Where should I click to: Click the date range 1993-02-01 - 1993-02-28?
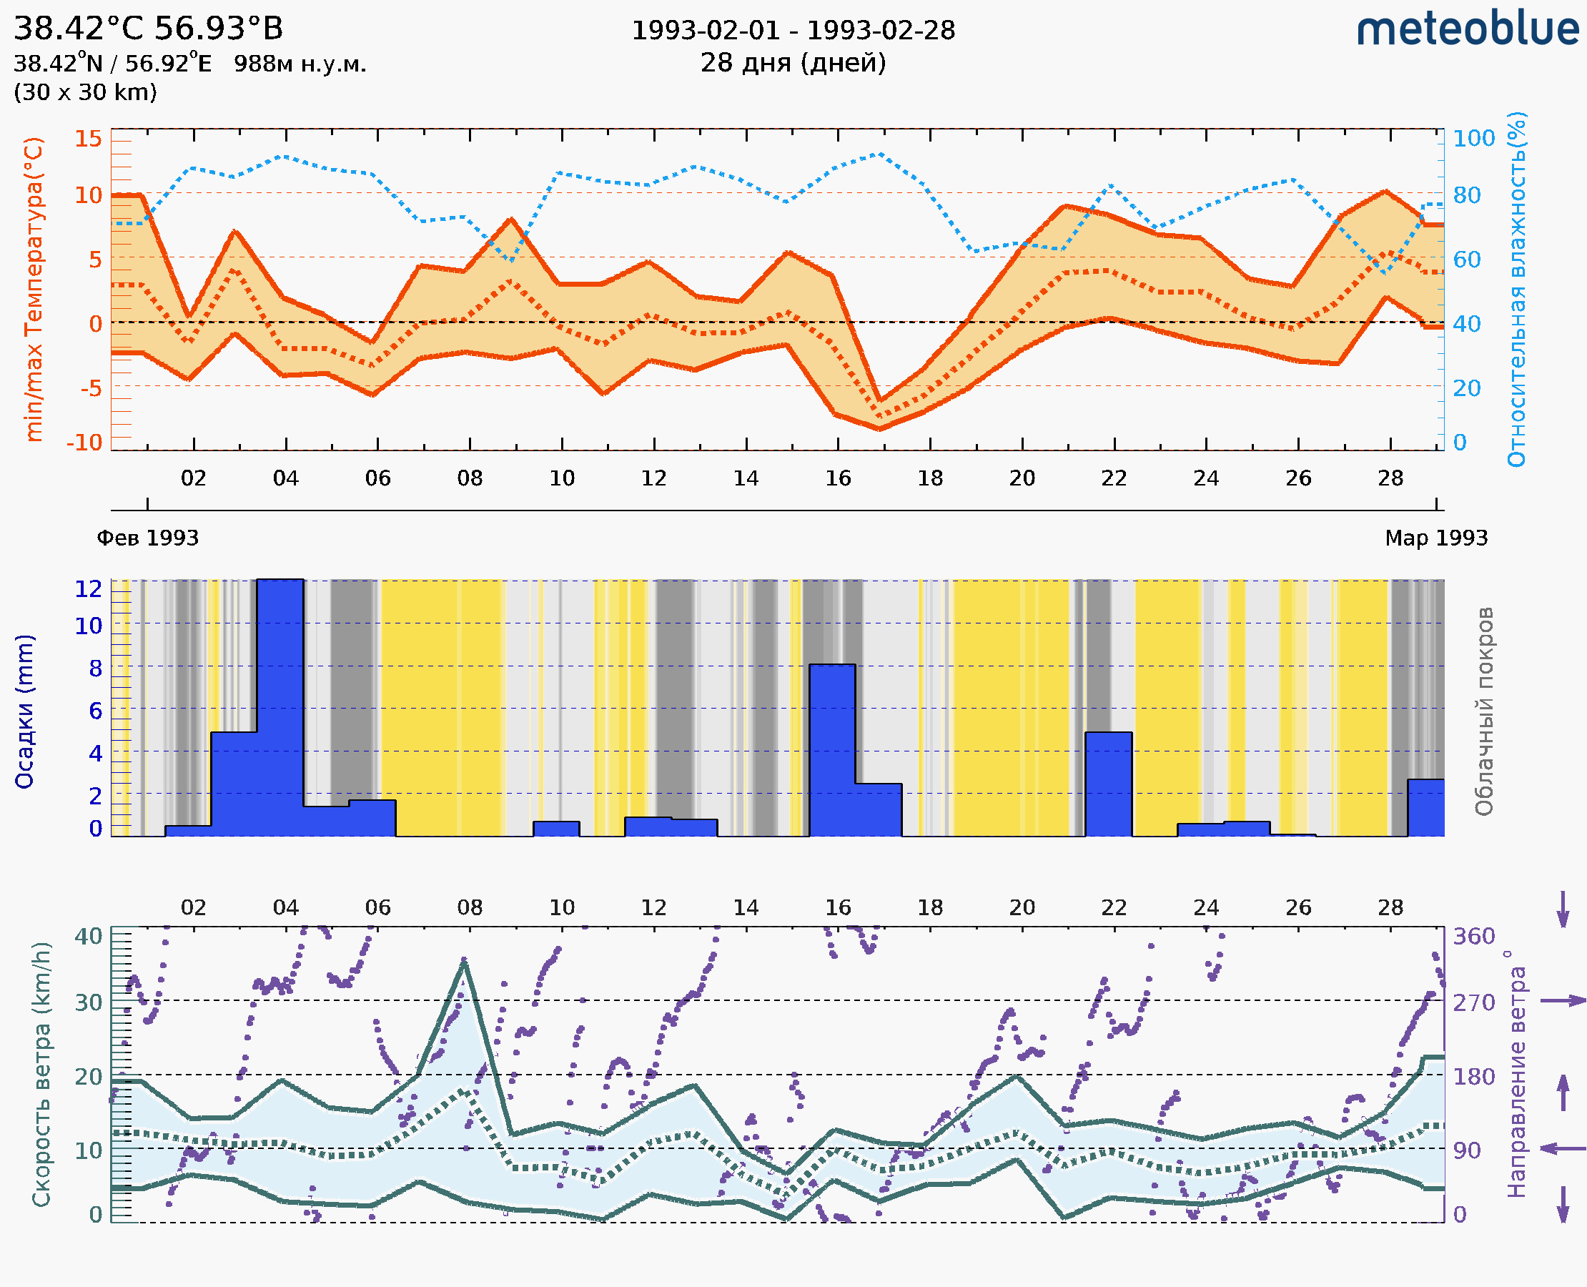(793, 31)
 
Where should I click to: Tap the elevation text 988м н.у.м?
(300, 64)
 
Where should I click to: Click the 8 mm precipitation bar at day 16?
(831, 749)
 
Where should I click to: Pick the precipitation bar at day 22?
(1108, 784)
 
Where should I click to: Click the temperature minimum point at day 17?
(880, 428)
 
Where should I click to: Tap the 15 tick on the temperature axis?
(88, 139)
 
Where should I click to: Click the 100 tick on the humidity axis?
(1473, 139)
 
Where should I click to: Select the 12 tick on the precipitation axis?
(88, 588)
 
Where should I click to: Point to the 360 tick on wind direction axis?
(1473, 937)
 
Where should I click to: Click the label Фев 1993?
(147, 538)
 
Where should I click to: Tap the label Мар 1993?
(1435, 538)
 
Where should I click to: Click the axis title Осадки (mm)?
(24, 711)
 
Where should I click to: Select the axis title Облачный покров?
(1483, 711)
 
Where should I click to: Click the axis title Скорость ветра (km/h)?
(41, 1074)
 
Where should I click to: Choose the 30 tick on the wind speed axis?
(88, 1002)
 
